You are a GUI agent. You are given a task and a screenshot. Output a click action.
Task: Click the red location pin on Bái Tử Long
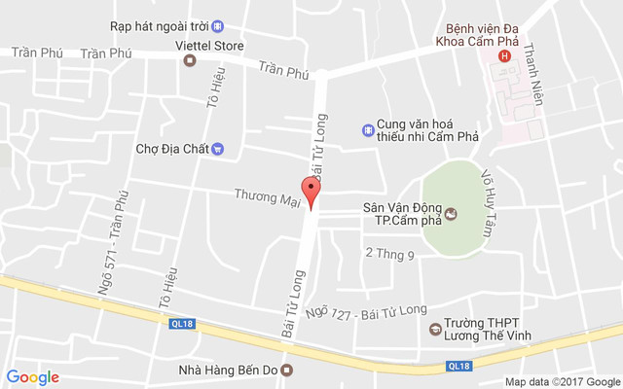[311, 192]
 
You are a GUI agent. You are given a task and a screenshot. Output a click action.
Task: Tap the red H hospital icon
[504, 56]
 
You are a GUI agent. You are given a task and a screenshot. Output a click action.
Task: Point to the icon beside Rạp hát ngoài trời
[218, 25]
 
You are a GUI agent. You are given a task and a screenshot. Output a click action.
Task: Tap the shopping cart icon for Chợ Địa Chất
[218, 149]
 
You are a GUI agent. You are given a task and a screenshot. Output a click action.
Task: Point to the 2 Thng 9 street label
[389, 254]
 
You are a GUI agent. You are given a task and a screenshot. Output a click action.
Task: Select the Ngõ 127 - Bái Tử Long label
[365, 310]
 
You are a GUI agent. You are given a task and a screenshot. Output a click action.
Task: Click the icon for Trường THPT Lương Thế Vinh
[434, 330]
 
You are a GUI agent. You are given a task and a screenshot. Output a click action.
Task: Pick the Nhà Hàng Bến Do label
[229, 369]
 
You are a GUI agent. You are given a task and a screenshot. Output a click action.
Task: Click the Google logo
[33, 377]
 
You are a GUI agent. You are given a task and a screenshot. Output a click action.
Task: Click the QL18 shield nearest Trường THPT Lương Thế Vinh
[459, 366]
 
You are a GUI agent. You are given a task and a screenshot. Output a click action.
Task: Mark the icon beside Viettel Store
[190, 60]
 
